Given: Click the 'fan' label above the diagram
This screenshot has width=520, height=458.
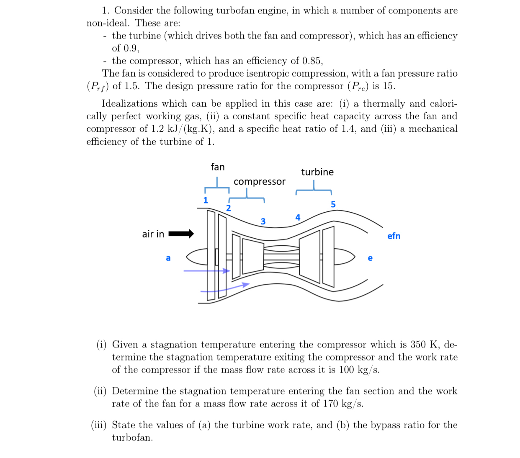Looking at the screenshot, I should tap(218, 167).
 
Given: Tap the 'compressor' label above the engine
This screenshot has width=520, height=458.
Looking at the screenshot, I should tap(260, 182).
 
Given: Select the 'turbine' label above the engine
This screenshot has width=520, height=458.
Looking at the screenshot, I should tap(317, 172).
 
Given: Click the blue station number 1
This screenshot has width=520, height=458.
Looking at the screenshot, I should tap(206, 200).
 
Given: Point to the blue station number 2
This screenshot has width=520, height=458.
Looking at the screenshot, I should tap(228, 208).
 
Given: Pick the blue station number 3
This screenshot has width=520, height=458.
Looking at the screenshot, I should tap(263, 221).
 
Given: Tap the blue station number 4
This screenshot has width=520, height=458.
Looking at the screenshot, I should tap(298, 217).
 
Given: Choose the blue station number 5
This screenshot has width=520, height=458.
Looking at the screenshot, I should tap(333, 204).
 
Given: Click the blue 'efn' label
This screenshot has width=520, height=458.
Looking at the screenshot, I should tap(394, 236).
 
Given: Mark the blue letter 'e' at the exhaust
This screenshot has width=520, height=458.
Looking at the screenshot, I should tap(370, 258).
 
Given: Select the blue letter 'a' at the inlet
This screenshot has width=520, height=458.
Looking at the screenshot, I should tap(168, 258).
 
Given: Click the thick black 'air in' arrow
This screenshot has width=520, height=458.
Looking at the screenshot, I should tap(181, 234).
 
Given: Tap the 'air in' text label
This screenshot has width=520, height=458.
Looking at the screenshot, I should tap(153, 234).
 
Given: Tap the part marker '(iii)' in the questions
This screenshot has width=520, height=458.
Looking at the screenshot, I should tap(99, 425).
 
